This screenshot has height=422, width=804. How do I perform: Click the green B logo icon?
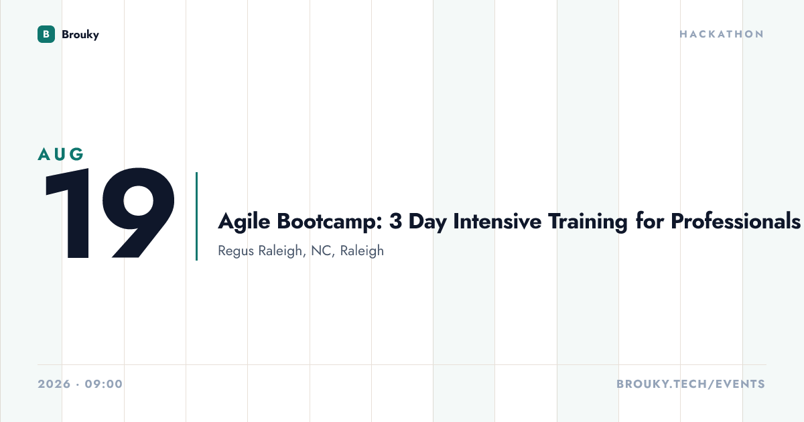pyautogui.click(x=46, y=34)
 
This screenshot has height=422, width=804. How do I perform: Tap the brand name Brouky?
pyautogui.click(x=80, y=35)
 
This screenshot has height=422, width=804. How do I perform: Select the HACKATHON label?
pyautogui.click(x=722, y=34)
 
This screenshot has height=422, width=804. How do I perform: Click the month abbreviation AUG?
pyautogui.click(x=61, y=154)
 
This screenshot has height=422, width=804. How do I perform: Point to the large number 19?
pyautogui.click(x=109, y=213)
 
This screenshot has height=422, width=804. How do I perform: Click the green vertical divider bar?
pyautogui.click(x=197, y=216)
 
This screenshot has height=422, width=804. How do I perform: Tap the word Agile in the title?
pyautogui.click(x=244, y=222)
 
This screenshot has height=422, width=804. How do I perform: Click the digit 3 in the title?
pyautogui.click(x=395, y=221)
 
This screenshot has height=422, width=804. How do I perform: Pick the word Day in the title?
pyautogui.click(x=427, y=222)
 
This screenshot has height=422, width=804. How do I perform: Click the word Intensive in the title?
pyautogui.click(x=497, y=221)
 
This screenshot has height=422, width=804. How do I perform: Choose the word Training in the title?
pyautogui.click(x=588, y=222)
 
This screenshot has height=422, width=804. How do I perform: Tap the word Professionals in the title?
pyautogui.click(x=736, y=221)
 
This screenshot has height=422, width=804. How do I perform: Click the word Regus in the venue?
pyautogui.click(x=236, y=251)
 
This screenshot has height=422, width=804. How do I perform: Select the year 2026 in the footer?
pyautogui.click(x=54, y=384)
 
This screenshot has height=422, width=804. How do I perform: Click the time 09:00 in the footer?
pyautogui.click(x=104, y=384)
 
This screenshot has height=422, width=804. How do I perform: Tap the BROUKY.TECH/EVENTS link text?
pyautogui.click(x=691, y=384)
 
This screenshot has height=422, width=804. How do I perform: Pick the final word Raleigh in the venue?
pyautogui.click(x=362, y=251)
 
